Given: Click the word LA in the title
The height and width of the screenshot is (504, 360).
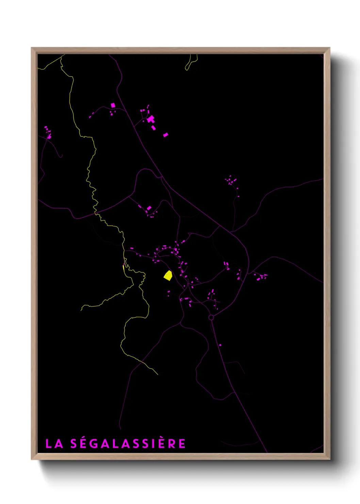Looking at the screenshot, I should tap(54, 444).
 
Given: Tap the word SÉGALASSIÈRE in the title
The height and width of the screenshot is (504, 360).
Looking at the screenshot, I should tap(128, 443).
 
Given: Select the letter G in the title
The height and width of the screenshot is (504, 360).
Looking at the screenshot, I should tap(95, 444).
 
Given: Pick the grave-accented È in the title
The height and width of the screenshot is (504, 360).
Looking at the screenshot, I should tap(162, 443).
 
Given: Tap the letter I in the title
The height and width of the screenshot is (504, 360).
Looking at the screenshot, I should tap(155, 444).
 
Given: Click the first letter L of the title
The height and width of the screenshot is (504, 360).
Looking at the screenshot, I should tap(49, 444).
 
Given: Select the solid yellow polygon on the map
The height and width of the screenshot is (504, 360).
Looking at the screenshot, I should tap(168, 275).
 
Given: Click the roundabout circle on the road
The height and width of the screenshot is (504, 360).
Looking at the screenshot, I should tap(211, 317).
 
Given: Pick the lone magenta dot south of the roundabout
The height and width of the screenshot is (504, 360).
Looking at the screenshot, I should tap(220, 345).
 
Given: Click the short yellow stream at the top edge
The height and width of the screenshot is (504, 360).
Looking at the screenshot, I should tap(191, 63).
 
